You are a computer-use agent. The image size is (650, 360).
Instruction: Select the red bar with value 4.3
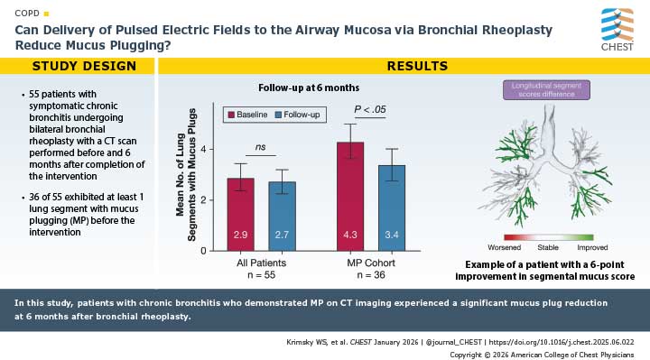(350, 197)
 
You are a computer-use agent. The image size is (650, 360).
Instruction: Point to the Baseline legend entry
(257, 115)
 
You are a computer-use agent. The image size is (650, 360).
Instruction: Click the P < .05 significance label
(371, 110)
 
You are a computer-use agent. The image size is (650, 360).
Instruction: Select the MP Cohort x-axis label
(371, 261)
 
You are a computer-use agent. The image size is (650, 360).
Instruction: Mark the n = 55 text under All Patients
(261, 274)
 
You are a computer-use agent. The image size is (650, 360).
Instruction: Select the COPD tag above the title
(27, 14)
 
